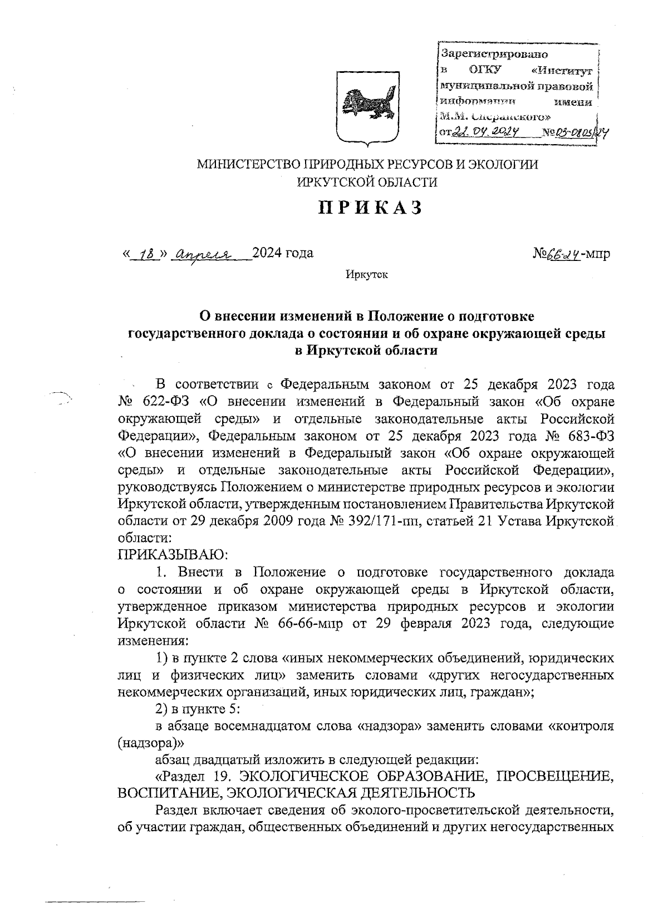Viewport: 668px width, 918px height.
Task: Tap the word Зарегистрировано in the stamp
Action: [494, 55]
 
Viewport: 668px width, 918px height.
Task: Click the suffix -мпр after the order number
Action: [597, 254]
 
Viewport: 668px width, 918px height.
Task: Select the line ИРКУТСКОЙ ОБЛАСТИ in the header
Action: [367, 181]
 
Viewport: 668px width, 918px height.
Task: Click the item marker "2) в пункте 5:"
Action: [197, 709]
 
